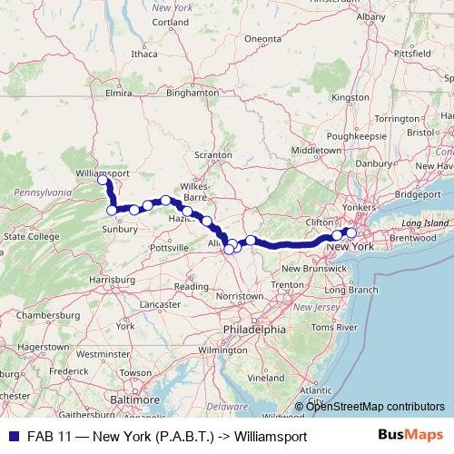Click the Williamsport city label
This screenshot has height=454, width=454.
[x=102, y=172]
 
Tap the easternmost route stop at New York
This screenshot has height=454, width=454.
[x=351, y=232]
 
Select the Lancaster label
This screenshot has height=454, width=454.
[x=161, y=304]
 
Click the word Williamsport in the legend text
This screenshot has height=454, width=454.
[x=271, y=436]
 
